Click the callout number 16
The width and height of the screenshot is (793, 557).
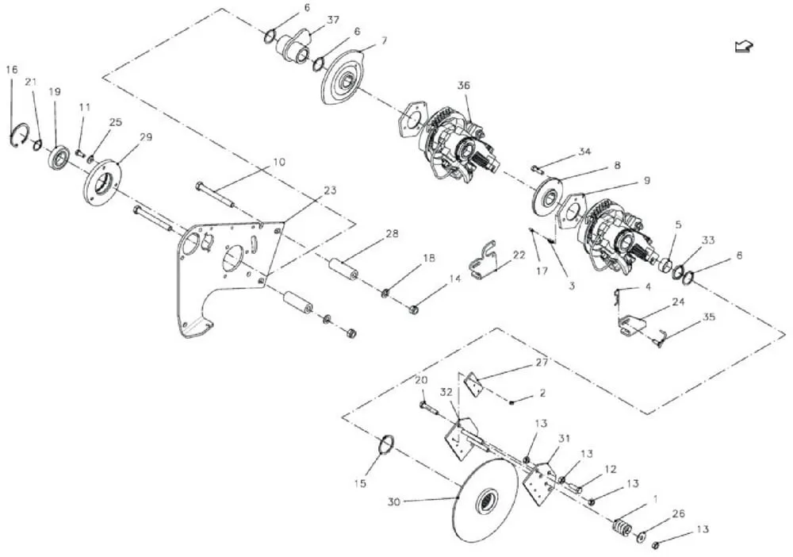tap(12, 69)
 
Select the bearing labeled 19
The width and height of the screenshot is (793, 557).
tap(59, 156)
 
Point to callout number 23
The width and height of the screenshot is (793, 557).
tap(330, 190)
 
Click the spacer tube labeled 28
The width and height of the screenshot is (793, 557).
tap(343, 269)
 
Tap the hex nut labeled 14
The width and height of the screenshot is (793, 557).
tap(413, 308)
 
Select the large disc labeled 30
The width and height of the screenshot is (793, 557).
tap(486, 501)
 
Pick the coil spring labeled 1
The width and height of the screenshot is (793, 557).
tap(623, 527)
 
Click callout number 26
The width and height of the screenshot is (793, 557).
tap(678, 514)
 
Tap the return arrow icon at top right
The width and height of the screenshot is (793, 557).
tap(744, 47)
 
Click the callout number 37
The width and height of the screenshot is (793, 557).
tap(333, 20)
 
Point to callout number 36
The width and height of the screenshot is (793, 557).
tap(464, 86)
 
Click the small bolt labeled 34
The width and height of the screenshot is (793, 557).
tap(536, 167)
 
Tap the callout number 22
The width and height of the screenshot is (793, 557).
tap(519, 255)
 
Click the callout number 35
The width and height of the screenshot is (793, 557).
tap(709, 317)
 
